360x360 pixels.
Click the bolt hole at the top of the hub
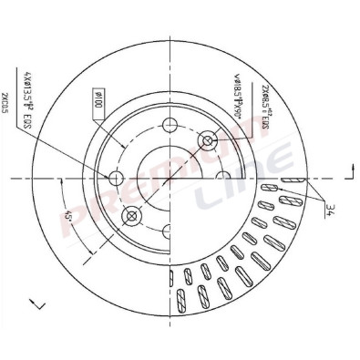click(170, 126)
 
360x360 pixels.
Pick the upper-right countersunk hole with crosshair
click(209, 139)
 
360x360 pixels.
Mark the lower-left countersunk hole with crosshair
click(132, 216)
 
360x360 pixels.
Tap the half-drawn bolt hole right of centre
click(221, 178)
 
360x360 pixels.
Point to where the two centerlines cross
click(170, 178)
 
